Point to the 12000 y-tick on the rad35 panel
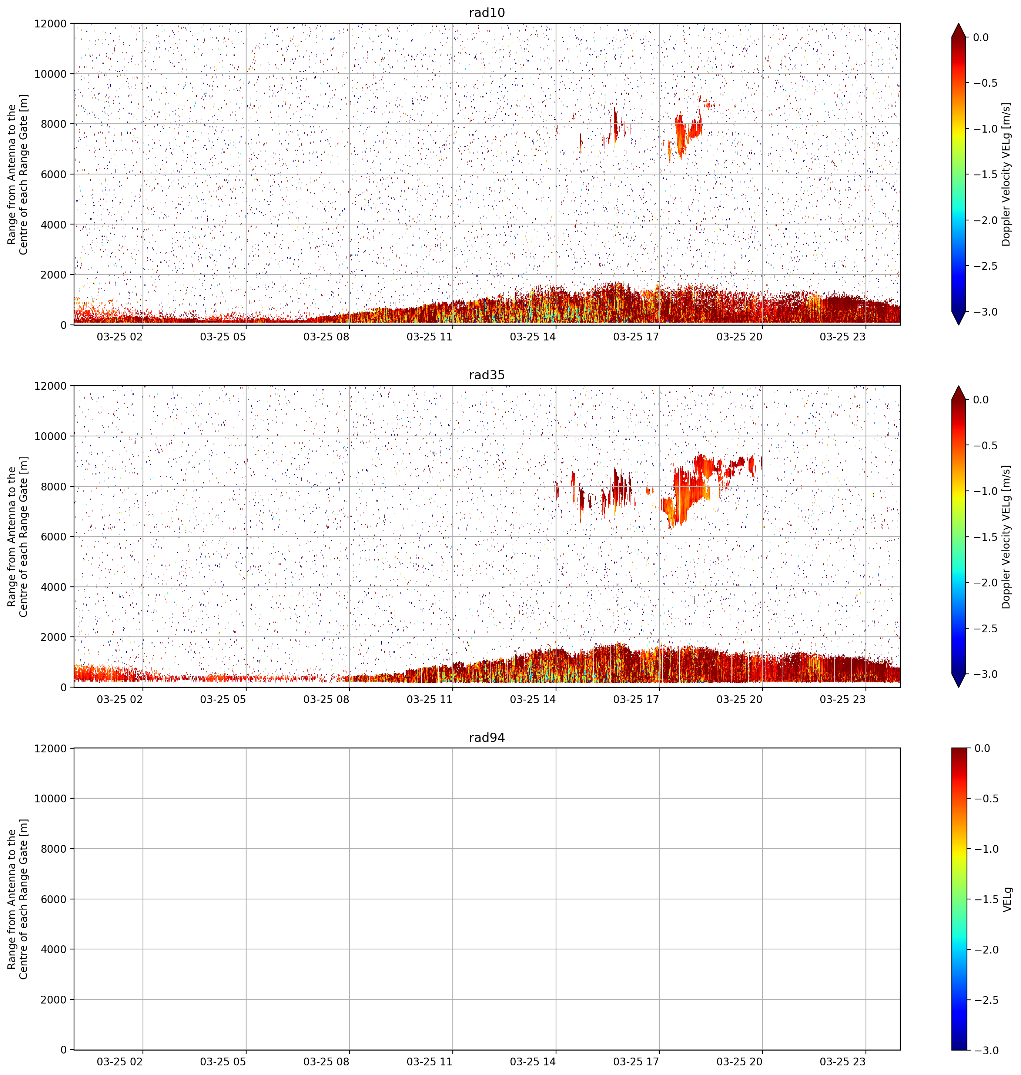[x=51, y=386]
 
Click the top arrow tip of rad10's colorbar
[x=958, y=23]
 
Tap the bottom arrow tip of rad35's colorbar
[x=958, y=687]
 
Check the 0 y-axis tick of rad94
[x=64, y=1050]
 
